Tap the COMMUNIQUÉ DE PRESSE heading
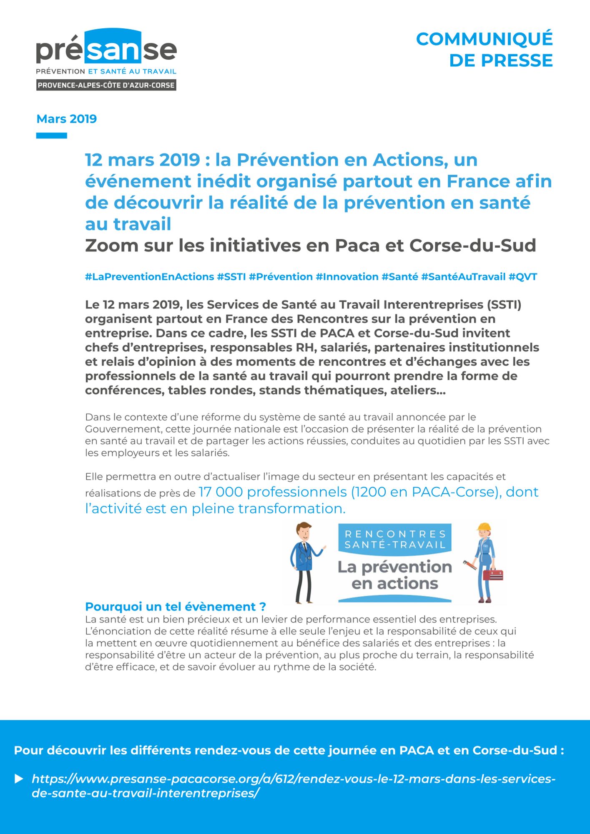coord(484,50)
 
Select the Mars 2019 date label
coord(67,119)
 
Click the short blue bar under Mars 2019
coord(51,136)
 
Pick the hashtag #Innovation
coord(347,276)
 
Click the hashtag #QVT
coord(523,276)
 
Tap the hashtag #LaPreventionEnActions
coord(149,276)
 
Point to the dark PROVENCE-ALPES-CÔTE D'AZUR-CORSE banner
coord(106,85)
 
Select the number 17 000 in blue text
coord(221,492)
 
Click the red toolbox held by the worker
coord(493,575)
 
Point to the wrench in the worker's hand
coord(469,565)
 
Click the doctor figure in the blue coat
coord(304,561)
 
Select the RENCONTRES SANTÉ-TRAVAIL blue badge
coord(395,539)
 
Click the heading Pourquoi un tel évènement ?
coord(175,606)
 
